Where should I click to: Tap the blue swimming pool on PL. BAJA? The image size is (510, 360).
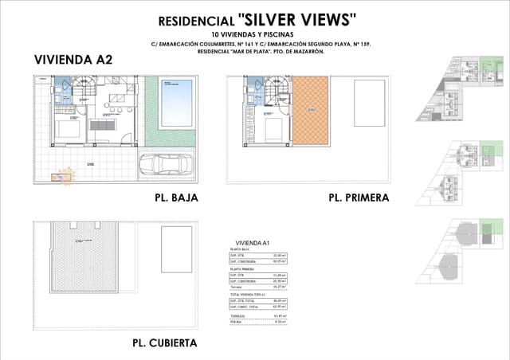[176, 103]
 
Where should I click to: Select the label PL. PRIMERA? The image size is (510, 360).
[359, 198]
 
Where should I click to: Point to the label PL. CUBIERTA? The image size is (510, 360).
[164, 343]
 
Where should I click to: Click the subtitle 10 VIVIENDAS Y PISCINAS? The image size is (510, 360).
[254, 34]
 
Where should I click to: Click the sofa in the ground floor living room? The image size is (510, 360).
[103, 125]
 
